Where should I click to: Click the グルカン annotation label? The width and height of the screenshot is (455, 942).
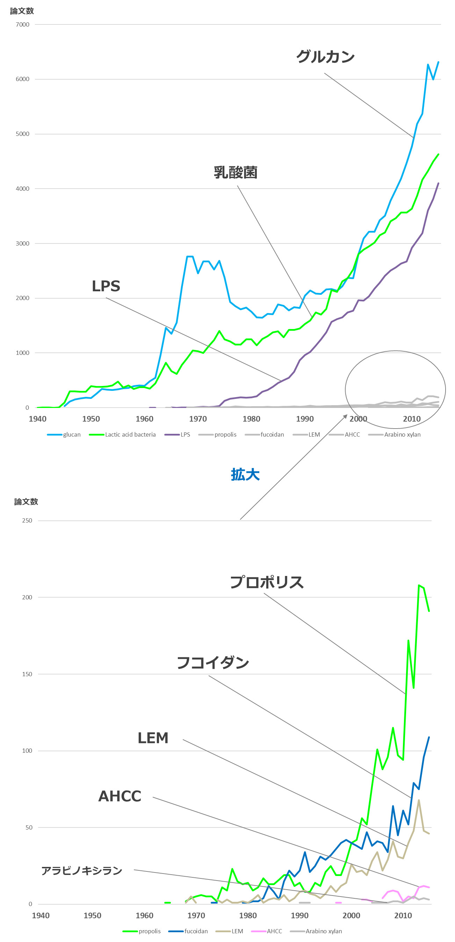pos(325,57)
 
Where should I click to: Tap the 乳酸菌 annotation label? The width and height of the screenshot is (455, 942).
pos(236,172)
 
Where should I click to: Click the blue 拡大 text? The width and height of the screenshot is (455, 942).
pos(245,475)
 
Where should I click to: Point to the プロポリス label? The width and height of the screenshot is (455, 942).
pos(267,582)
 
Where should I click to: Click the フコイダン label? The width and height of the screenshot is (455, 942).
pos(213,663)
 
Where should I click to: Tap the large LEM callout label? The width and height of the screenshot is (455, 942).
pos(153,738)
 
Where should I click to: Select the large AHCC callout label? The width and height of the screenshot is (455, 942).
pos(120,796)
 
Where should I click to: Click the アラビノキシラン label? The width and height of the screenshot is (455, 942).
pos(81,871)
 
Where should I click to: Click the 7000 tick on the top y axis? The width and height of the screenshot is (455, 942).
pos(22,24)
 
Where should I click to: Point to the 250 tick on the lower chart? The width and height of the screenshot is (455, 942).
pos(27,520)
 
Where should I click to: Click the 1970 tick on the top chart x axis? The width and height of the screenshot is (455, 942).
pos(198,419)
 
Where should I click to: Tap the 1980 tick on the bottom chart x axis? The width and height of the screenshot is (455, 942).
pos(248,915)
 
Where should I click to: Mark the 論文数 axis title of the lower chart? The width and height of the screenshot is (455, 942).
pos(26,502)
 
